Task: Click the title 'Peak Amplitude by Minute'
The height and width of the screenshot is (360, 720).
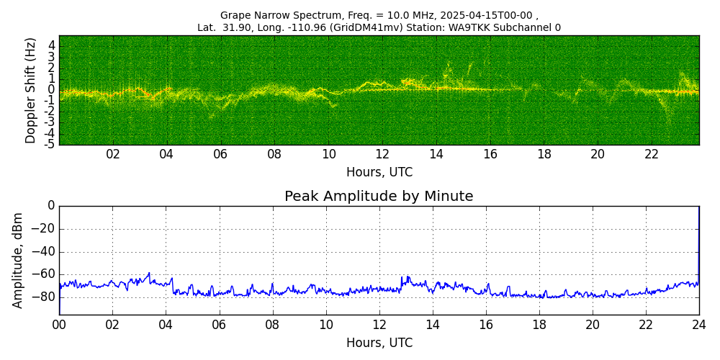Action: (x=379, y=197)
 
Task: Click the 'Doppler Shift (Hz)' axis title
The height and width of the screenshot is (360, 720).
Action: (x=31, y=91)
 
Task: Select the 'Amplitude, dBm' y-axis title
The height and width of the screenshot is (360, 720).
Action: (x=18, y=260)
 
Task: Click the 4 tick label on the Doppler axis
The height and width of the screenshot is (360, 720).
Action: (x=51, y=45)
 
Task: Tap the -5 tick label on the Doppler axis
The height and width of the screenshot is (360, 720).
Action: (x=49, y=145)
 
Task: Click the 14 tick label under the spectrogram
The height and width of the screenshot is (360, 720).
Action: (x=436, y=155)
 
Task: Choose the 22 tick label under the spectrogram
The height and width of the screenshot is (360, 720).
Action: (x=652, y=155)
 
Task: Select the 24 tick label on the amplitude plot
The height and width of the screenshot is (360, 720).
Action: (x=699, y=325)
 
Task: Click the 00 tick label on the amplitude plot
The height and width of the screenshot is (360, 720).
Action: (x=59, y=325)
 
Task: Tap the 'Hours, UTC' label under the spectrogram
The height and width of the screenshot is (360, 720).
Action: (x=379, y=173)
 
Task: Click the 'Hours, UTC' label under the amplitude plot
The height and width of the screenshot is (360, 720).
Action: (x=379, y=343)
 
